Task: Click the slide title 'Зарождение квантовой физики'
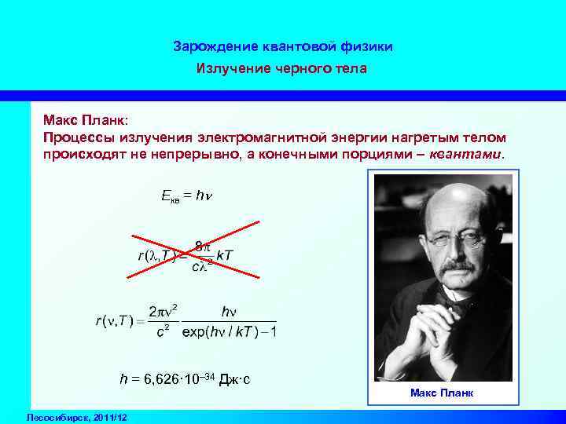point(282,47)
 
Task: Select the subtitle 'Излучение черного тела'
point(282,69)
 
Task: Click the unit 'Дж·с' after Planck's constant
point(233,380)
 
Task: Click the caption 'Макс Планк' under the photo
point(442,392)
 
